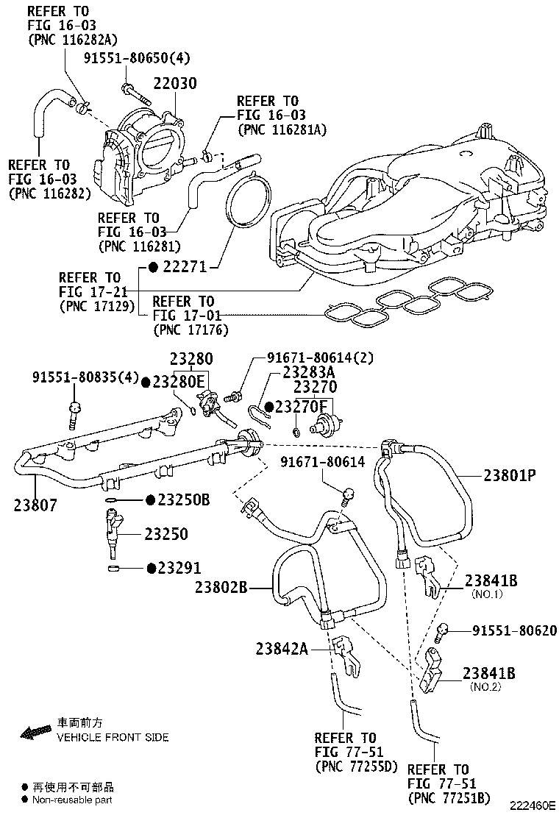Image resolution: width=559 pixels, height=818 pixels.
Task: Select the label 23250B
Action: (x=184, y=500)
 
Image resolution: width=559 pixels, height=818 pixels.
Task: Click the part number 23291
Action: (x=179, y=568)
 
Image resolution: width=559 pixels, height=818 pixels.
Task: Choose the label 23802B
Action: (x=224, y=586)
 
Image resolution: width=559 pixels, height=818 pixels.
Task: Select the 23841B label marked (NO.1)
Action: (x=491, y=581)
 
